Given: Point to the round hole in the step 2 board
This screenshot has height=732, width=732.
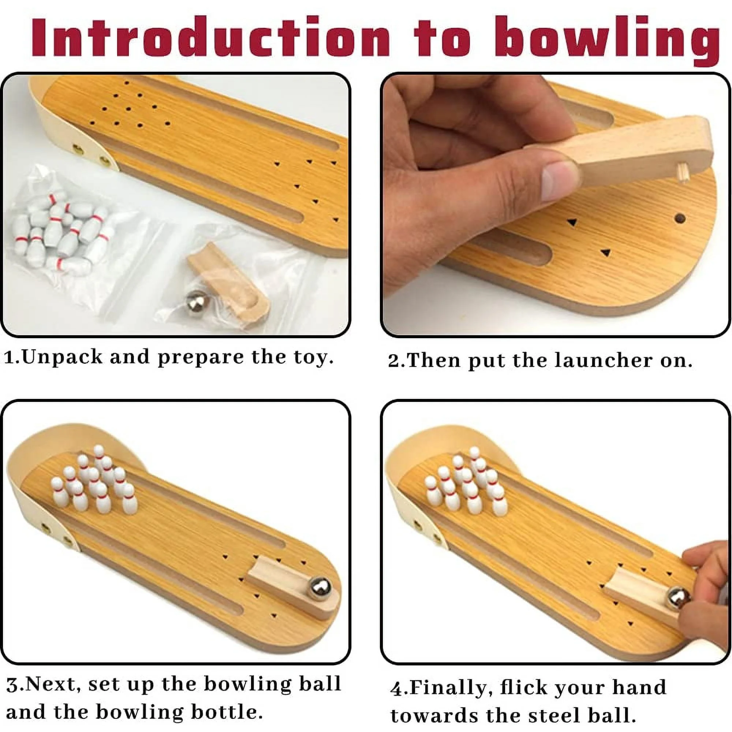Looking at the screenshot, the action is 680,218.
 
